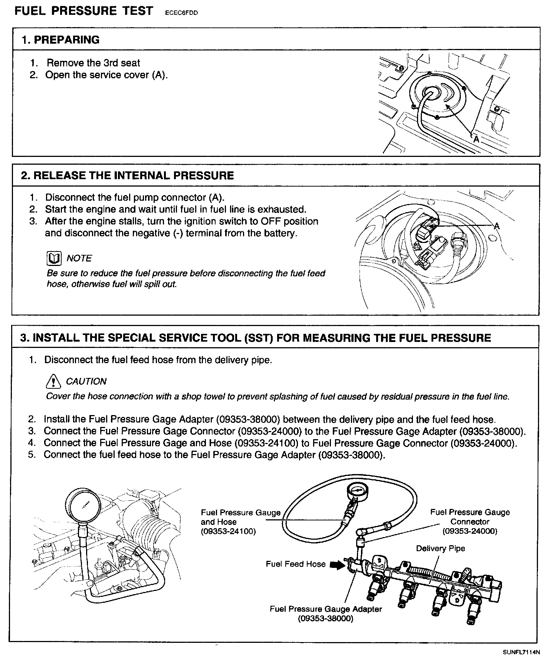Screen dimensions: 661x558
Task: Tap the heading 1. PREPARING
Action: pyautogui.click(x=61, y=40)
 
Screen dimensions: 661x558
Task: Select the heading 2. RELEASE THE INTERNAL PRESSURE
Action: pyautogui.click(x=127, y=175)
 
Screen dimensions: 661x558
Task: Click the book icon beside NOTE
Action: pyautogui.click(x=54, y=258)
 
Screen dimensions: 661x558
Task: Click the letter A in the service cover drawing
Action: pyautogui.click(x=476, y=139)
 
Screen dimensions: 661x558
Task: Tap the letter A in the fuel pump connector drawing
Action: pyautogui.click(x=497, y=226)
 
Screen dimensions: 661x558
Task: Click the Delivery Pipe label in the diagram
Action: pyautogui.click(x=440, y=548)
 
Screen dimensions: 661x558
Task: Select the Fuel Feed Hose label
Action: pyautogui.click(x=295, y=564)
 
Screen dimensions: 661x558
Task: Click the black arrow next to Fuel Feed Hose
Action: pyautogui.click(x=337, y=565)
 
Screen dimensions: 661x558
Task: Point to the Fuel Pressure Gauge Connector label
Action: pyautogui.click(x=470, y=522)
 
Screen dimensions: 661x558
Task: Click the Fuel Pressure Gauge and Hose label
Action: pyautogui.click(x=240, y=522)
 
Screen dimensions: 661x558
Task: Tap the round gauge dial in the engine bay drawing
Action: pyautogui.click(x=83, y=505)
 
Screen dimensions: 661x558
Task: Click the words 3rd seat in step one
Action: pyautogui.click(x=121, y=63)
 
